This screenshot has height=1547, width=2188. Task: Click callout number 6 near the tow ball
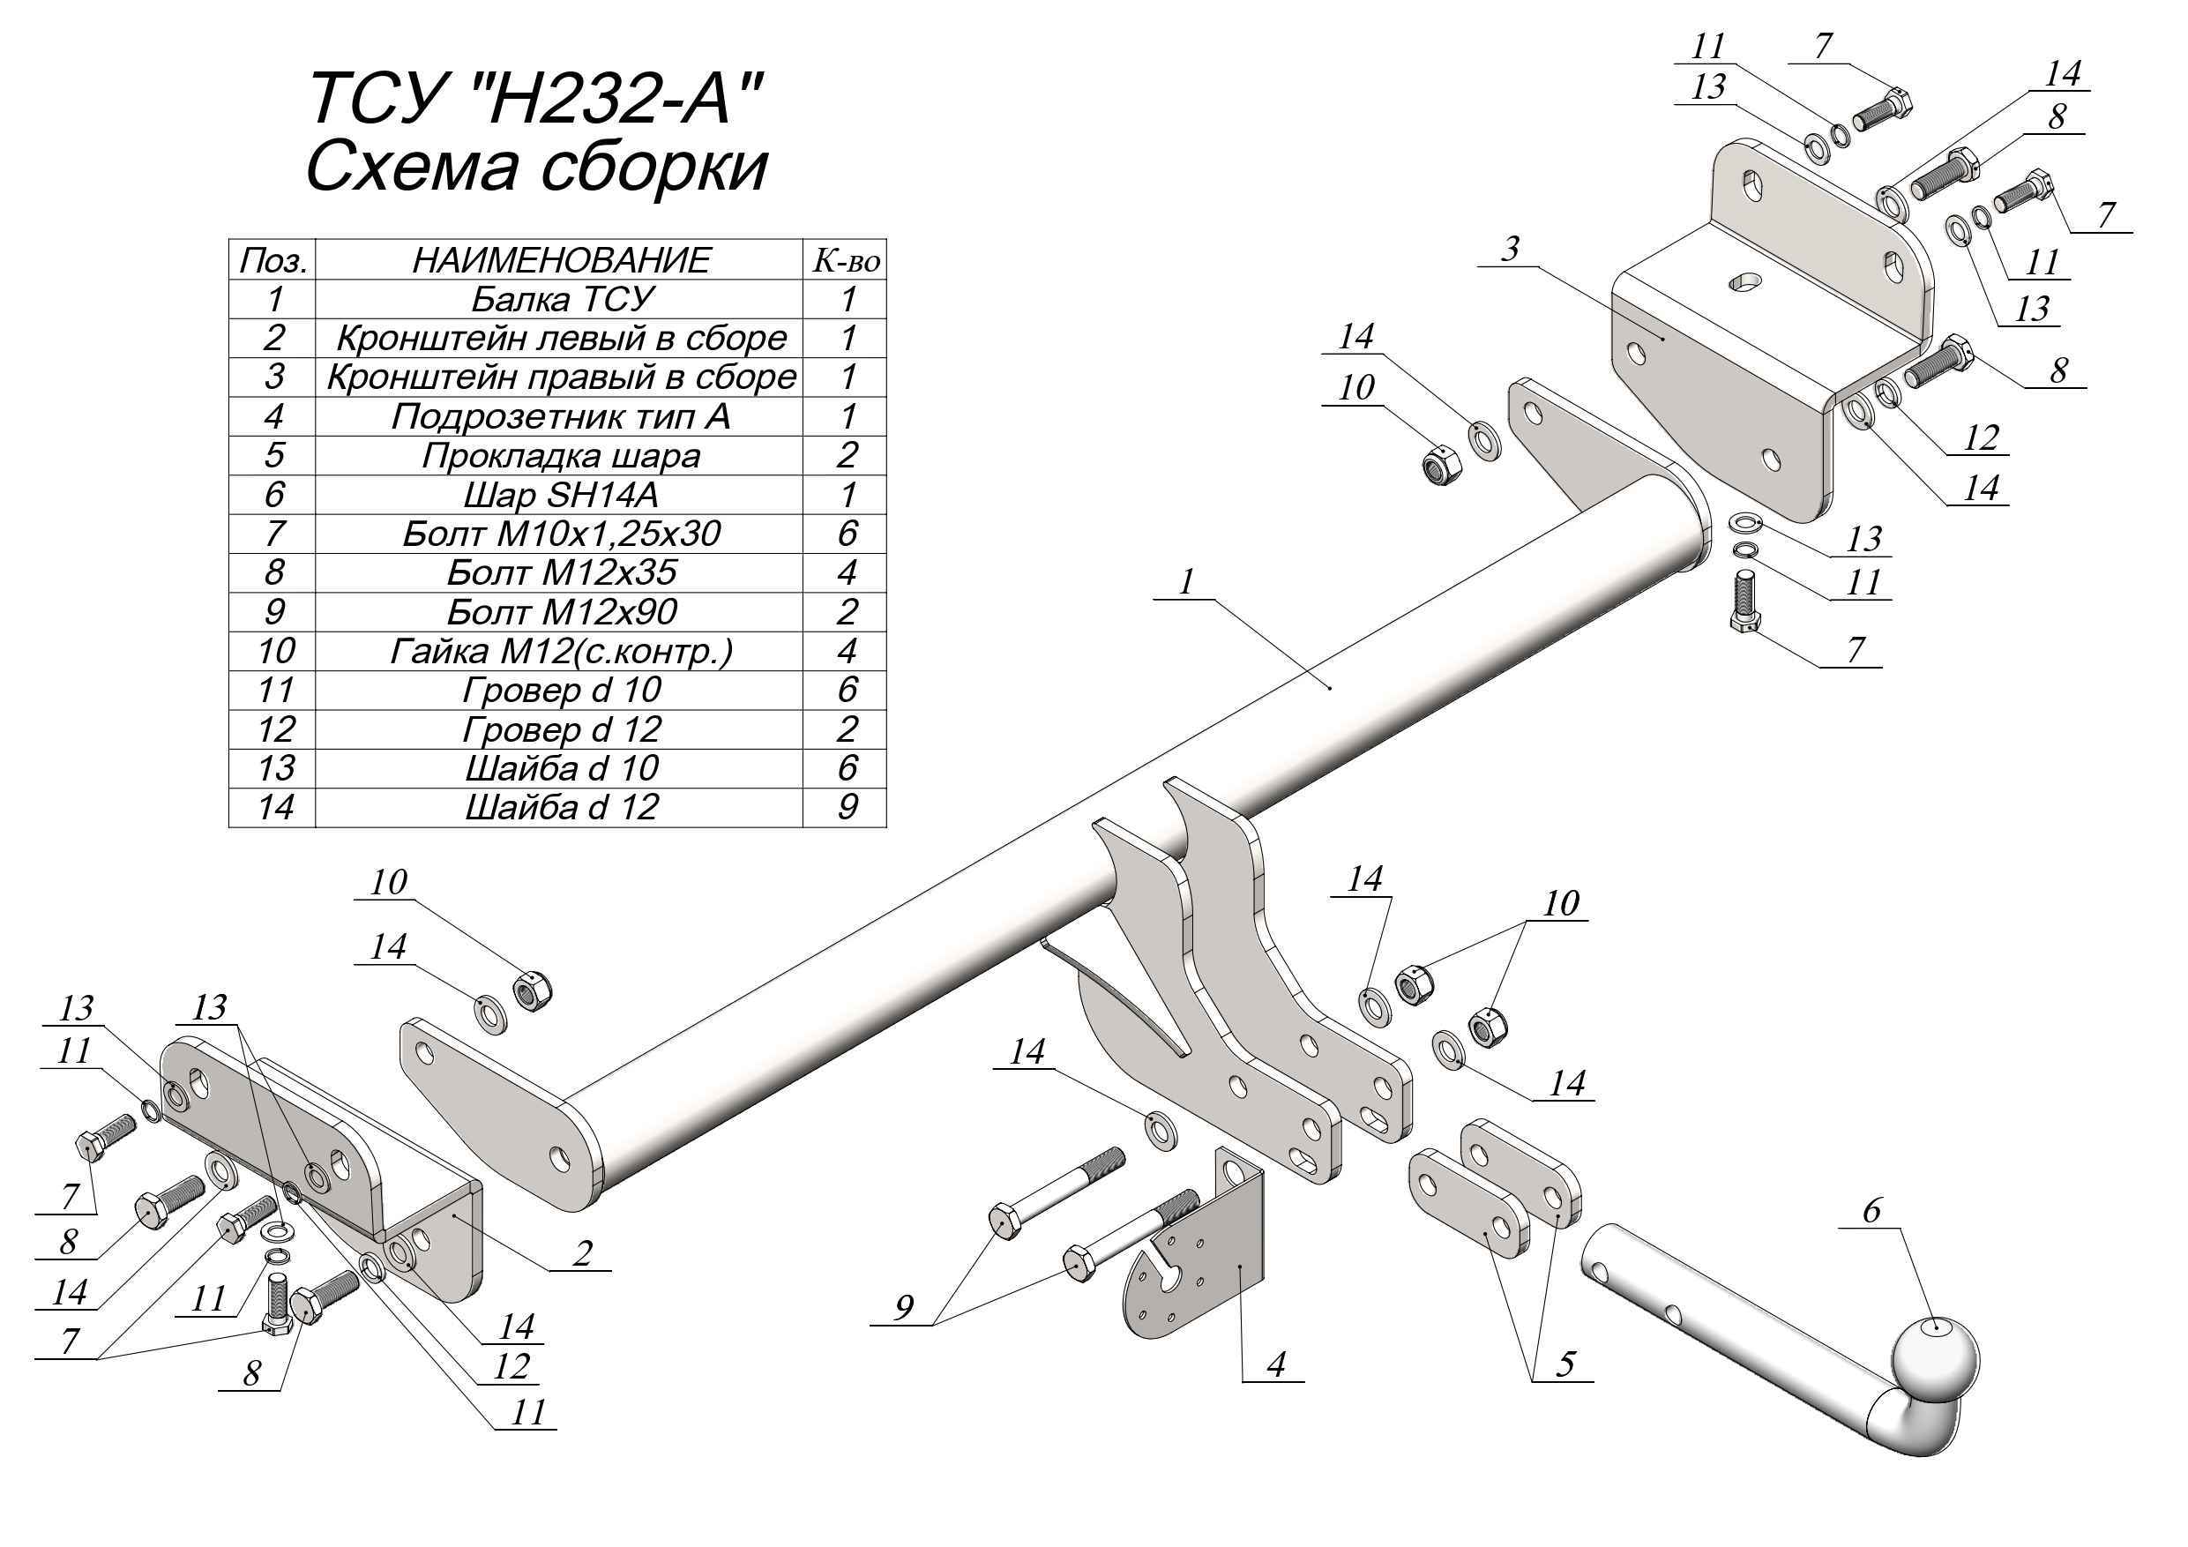pos(1871,1211)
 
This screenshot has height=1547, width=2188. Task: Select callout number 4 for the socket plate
pos(1276,1364)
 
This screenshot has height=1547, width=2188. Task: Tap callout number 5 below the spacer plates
pos(1564,1364)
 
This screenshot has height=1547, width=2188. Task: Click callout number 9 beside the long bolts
pos(903,1308)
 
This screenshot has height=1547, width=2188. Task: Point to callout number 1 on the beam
pos(1185,581)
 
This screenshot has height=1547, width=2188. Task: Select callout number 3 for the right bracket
pos(1510,250)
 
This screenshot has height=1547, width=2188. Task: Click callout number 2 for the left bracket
pos(582,1252)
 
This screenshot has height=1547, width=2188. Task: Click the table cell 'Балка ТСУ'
pos(561,299)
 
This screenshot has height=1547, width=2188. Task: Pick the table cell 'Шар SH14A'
pos(561,495)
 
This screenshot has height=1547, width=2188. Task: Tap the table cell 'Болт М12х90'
pos(561,612)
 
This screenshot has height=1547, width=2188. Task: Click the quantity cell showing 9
pos(847,807)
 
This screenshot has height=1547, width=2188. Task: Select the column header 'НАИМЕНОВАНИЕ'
pos(561,259)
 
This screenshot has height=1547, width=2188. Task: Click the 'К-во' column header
pos(847,259)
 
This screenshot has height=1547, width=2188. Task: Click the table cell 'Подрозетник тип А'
pos(561,416)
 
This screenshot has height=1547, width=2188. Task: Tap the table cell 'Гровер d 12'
pos(561,729)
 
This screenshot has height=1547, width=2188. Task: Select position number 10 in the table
pos(274,651)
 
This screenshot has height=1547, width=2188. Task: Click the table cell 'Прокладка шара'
pos(561,456)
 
